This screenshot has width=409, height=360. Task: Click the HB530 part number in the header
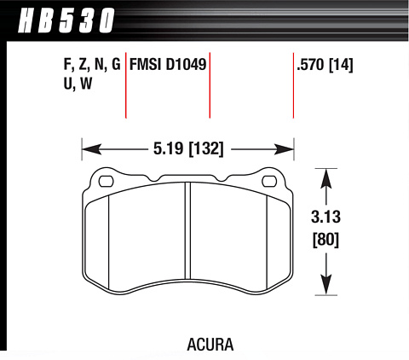pos(66,20)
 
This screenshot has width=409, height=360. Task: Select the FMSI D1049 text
pos(168,65)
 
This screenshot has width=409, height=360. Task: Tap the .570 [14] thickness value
pos(325,65)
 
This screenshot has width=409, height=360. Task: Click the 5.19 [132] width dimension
pos(188,148)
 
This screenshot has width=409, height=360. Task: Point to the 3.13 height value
pos(325,217)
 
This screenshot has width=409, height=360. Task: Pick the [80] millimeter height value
pos(325,240)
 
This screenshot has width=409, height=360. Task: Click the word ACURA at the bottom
pos(210,345)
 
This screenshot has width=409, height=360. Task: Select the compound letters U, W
pos(78,84)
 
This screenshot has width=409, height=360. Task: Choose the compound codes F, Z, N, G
pos(92,65)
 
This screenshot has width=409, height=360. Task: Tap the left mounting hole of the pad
pos(106,181)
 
